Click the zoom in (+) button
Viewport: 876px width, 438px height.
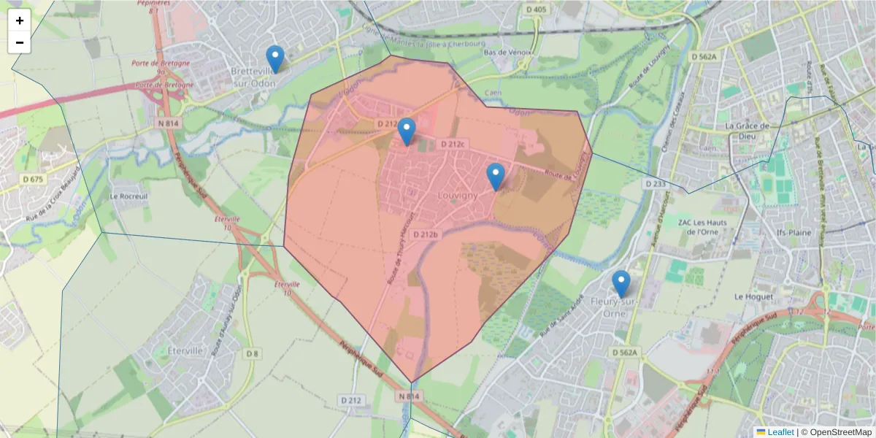pos(20,20)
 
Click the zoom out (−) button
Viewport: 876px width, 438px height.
pos(20,42)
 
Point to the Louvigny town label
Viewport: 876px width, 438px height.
pos(458,196)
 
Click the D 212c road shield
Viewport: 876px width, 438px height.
pos(453,145)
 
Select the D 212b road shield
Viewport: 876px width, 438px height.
pos(425,234)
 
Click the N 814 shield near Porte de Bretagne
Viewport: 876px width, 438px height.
pos(168,123)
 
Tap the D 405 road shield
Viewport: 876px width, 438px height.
pos(536,9)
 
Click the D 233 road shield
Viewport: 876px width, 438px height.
pos(656,184)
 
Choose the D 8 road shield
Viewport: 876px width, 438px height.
pos(252,354)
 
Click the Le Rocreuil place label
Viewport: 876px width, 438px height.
pos(128,196)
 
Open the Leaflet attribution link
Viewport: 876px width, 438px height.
pos(780,432)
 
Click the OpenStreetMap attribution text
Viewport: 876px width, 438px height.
pos(835,432)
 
